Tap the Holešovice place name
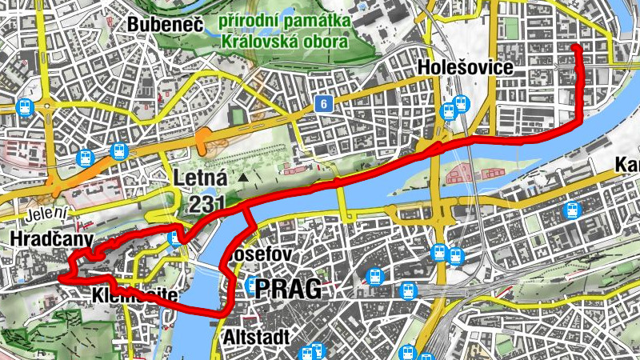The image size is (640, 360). click(465, 67)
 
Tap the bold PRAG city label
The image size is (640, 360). click(289, 289)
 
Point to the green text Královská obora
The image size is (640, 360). click(285, 40)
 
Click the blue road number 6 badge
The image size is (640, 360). click(323, 103)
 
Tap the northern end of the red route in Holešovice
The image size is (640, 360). click(576, 48)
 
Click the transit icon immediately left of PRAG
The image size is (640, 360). click(254, 286)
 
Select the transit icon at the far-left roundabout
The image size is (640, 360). click(25, 107)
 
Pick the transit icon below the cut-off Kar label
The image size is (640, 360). click(571, 210)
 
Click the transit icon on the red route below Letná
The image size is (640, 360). click(175, 238)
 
